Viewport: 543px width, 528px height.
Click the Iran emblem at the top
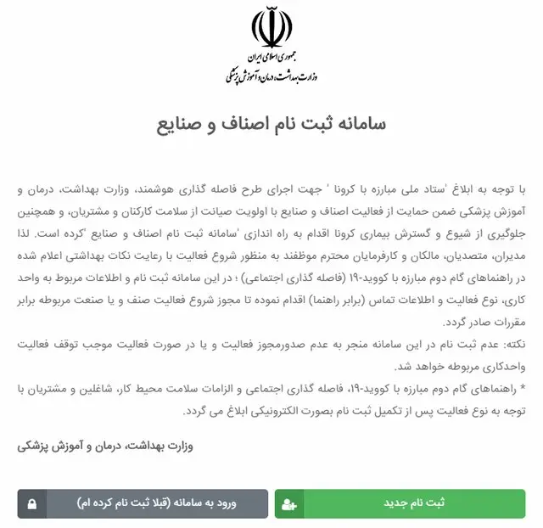point(271,29)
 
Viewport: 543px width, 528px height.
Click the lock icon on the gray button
point(31,504)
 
